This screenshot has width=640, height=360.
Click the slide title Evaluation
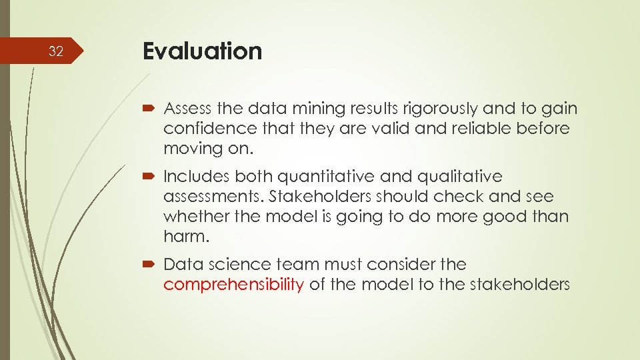coord(202,51)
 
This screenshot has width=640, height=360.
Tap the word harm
coord(181,236)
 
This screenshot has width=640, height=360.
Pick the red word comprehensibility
coord(233,285)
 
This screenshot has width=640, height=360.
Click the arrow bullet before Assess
coord(149,109)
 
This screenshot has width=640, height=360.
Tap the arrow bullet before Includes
coord(149,177)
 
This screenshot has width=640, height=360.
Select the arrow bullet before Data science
coord(149,265)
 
